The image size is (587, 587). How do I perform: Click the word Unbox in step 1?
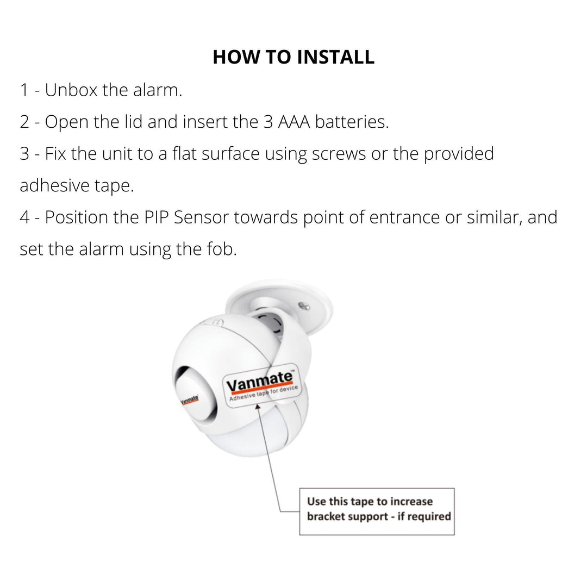[x=71, y=90]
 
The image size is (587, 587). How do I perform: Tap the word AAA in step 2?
[x=294, y=122]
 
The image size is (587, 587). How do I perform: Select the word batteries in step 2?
[x=352, y=122]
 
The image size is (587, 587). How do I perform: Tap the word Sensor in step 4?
[x=202, y=217]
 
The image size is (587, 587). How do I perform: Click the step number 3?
[x=24, y=154]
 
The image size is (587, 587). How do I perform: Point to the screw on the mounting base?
[x=304, y=306]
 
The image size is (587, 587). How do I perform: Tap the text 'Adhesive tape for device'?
[x=264, y=393]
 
